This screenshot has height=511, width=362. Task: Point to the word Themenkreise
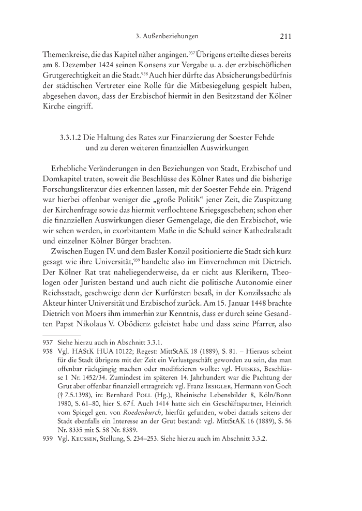pos(65,53)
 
